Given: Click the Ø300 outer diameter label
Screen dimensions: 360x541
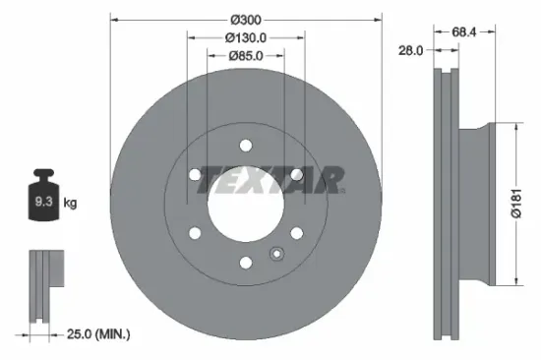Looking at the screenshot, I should click(x=245, y=20).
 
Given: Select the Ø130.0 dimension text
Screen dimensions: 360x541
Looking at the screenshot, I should click(x=245, y=37).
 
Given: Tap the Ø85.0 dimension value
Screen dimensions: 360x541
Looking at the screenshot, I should click(x=245, y=55).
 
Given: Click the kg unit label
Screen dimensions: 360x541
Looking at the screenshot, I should click(x=70, y=204).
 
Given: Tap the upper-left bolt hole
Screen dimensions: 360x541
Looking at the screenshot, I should click(x=195, y=175).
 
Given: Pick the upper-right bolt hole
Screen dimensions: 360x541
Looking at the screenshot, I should click(x=296, y=175).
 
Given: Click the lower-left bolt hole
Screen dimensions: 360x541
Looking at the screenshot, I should click(x=195, y=233).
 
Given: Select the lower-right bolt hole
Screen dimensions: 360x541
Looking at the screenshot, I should click(x=296, y=233).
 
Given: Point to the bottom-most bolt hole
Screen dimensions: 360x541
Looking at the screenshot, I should click(x=245, y=263).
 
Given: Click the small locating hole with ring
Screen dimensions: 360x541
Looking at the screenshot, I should click(x=276, y=256).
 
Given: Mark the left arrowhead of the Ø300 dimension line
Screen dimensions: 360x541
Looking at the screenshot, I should click(x=113, y=20).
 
